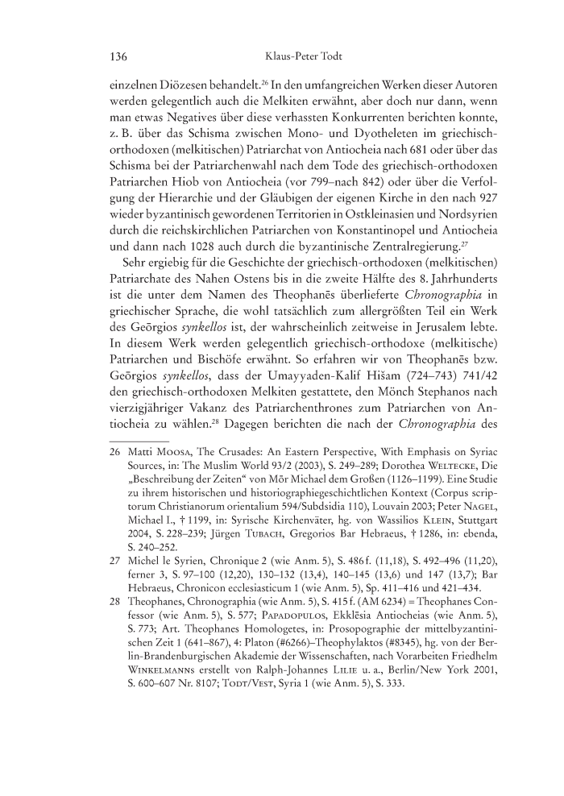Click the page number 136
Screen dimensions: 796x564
click(x=118, y=56)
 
